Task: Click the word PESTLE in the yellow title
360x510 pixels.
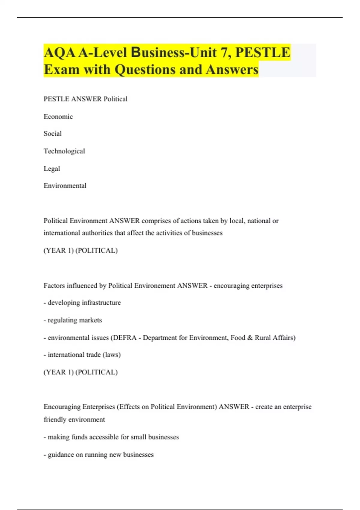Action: pyautogui.click(x=263, y=52)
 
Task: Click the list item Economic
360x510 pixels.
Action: pyautogui.click(x=58, y=116)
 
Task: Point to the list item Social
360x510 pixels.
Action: pyautogui.click(x=52, y=133)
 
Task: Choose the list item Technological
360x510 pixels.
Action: pyautogui.click(x=64, y=151)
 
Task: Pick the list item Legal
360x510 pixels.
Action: pyautogui.click(x=52, y=169)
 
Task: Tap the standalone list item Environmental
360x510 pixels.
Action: pyautogui.click(x=65, y=186)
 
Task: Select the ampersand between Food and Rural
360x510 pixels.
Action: pyautogui.click(x=250, y=337)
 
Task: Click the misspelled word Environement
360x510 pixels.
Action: pyautogui.click(x=155, y=285)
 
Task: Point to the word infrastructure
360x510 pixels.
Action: pyautogui.click(x=101, y=302)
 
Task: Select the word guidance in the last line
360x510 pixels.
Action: pyautogui.click(x=61, y=454)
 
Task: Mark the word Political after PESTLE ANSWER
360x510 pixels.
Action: pyautogui.click(x=115, y=99)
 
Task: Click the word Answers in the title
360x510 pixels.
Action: pyautogui.click(x=232, y=70)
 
